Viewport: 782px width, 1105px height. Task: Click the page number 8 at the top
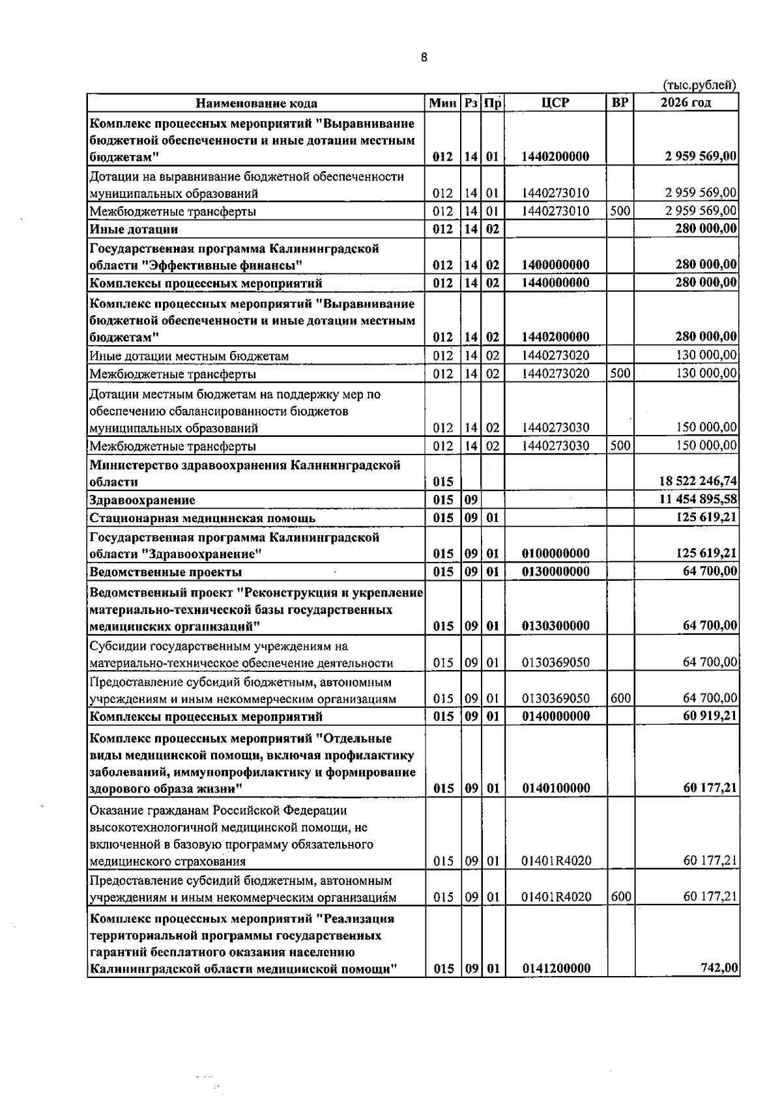424,57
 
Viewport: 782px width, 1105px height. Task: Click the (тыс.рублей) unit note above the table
699,85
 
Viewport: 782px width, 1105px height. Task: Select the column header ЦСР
555,103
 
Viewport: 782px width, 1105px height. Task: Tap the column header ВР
620,103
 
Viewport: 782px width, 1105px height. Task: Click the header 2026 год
686,103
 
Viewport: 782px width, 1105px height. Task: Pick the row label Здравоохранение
142,500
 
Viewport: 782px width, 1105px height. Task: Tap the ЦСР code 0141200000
557,968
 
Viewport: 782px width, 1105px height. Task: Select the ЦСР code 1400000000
556,264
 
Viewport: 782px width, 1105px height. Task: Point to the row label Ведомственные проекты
166,572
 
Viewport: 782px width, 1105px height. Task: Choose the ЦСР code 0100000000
556,553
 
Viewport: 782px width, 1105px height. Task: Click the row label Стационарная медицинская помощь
203,518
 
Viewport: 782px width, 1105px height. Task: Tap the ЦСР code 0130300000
556,626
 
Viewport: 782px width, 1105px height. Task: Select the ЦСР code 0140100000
556,788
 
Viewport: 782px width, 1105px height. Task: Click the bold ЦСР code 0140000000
556,716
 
